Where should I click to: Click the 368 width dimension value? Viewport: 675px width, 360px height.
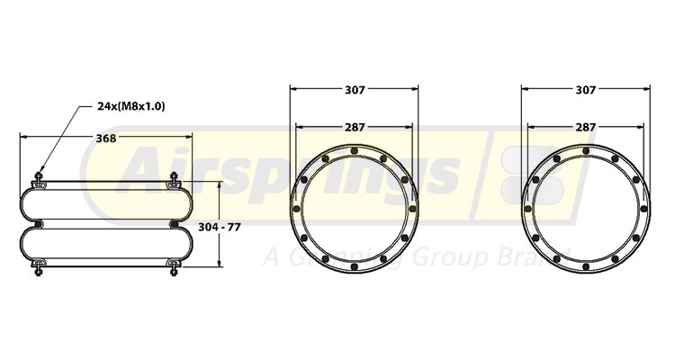[x=105, y=138]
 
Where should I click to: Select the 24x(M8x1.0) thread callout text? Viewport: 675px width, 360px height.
[x=130, y=106]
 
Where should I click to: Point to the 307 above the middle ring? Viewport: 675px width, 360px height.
[x=354, y=89]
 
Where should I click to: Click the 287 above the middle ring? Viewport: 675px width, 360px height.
[x=354, y=127]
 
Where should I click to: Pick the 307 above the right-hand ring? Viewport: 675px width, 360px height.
[x=586, y=89]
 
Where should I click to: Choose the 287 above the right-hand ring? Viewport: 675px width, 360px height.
[x=586, y=127]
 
